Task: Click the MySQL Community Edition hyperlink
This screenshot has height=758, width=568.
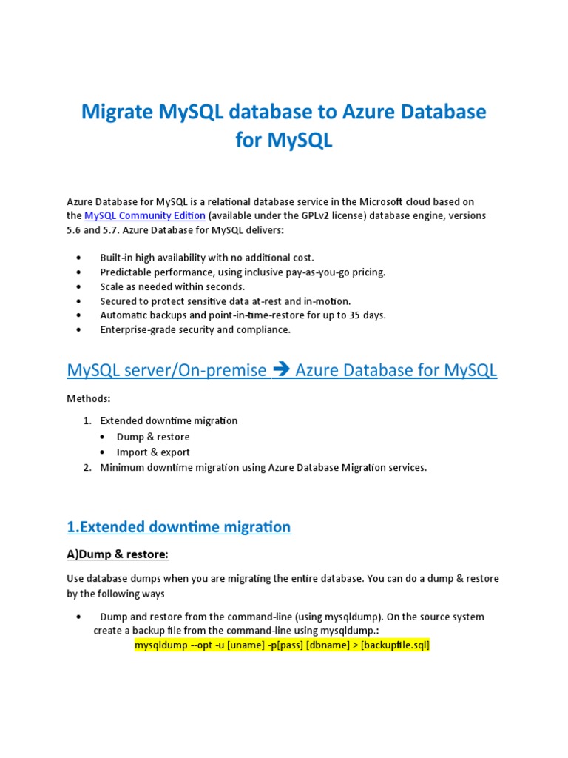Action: (x=144, y=215)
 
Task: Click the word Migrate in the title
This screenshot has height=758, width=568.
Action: (x=116, y=113)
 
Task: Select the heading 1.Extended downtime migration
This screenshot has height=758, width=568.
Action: (x=179, y=527)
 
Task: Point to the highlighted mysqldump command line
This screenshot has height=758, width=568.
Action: (x=282, y=645)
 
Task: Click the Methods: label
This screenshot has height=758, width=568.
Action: (x=89, y=398)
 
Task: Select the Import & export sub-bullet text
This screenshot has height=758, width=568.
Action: (x=153, y=452)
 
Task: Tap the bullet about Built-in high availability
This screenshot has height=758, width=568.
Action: (x=207, y=257)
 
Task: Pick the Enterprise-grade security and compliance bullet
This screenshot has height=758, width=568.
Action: (x=195, y=329)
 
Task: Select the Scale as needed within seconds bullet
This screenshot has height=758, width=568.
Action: (x=172, y=286)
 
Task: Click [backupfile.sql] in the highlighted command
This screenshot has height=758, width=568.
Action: (x=395, y=645)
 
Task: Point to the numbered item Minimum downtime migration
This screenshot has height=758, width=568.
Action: (x=263, y=467)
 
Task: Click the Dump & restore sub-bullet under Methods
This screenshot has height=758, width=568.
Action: (x=153, y=437)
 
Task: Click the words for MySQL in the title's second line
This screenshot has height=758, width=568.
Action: (x=284, y=140)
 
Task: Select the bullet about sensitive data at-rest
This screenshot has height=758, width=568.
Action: (x=226, y=301)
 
